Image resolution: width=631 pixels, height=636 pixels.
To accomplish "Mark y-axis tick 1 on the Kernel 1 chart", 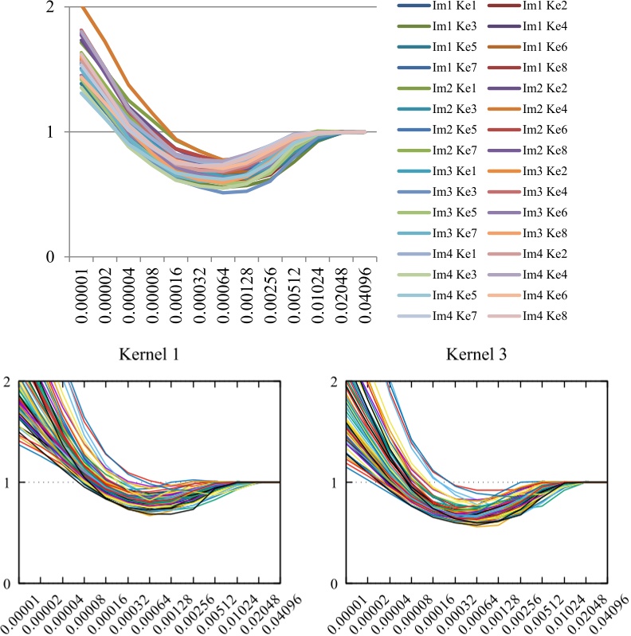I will tap(7, 482).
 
